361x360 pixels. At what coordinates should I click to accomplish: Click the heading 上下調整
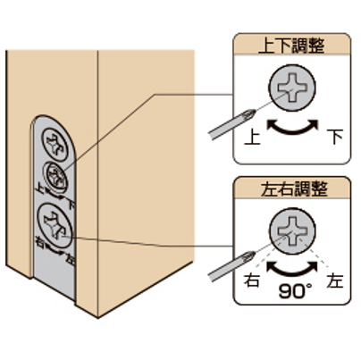[291, 46]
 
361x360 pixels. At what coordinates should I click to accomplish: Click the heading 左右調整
[294, 188]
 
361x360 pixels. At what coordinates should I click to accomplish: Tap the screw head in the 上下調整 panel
[292, 88]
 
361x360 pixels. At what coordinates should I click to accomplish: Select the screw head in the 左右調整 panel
[292, 231]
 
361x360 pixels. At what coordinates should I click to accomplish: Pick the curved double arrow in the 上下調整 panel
[292, 127]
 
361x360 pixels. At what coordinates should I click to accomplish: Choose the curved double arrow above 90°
[292, 268]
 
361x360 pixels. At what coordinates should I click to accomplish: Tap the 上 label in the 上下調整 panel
[253, 137]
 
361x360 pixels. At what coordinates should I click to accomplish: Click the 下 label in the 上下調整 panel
[335, 137]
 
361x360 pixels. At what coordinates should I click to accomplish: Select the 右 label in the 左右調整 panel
[252, 280]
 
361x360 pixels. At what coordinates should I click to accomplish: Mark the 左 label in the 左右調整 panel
[334, 280]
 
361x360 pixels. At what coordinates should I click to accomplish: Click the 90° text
[296, 291]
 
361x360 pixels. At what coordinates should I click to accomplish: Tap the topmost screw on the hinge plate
[55, 145]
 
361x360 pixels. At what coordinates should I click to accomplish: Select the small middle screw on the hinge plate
[55, 178]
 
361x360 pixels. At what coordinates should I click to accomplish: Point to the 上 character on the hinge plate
[39, 188]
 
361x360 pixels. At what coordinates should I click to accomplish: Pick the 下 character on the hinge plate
[71, 205]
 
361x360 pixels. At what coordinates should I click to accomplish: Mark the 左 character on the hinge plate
[71, 260]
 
